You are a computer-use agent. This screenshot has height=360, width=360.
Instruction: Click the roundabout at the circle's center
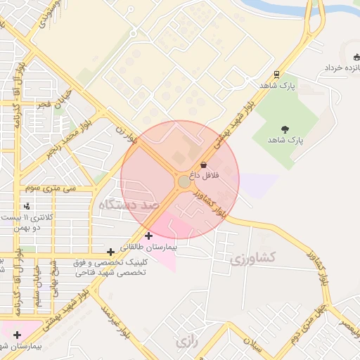tap(184, 182)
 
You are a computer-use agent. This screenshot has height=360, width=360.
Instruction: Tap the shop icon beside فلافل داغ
tap(204, 165)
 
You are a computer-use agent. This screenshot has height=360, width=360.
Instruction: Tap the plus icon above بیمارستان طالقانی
tap(148, 236)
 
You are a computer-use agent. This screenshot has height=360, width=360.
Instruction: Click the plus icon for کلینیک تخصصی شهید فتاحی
tap(110, 252)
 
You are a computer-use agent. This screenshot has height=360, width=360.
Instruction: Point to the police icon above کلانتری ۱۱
tap(27, 206)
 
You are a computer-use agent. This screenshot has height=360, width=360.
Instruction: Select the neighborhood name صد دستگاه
tap(126, 205)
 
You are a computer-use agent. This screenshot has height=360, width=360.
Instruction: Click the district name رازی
tap(186, 342)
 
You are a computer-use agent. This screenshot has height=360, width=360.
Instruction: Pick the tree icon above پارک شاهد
tap(285, 128)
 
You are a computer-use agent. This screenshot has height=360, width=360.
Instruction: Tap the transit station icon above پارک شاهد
tap(277, 74)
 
